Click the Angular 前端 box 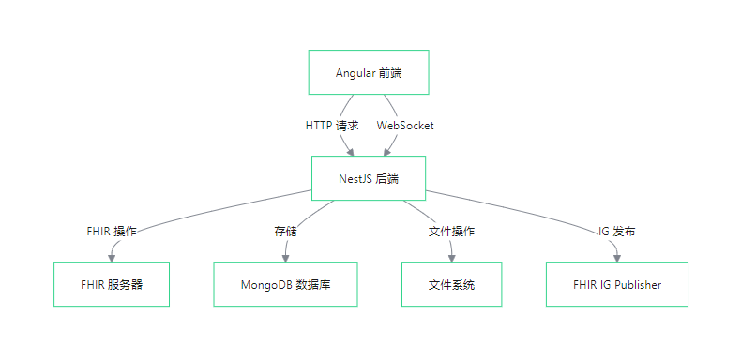pyautogui.click(x=369, y=72)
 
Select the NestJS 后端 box pyautogui.click(x=369, y=178)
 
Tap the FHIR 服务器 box pyautogui.click(x=112, y=284)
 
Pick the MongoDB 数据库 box pyautogui.click(x=285, y=284)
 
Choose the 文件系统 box pyautogui.click(x=451, y=284)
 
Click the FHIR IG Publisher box pyautogui.click(x=616, y=284)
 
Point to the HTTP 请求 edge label pyautogui.click(x=332, y=126)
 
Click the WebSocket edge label pyautogui.click(x=405, y=126)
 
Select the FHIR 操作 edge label pyautogui.click(x=112, y=232)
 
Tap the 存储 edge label pyautogui.click(x=285, y=232)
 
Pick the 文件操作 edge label pyautogui.click(x=451, y=232)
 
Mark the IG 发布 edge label pyautogui.click(x=616, y=232)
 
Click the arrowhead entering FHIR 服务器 pyautogui.click(x=112, y=258)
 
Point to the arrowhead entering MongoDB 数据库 pyautogui.click(x=285, y=258)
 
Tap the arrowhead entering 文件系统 pyautogui.click(x=451, y=258)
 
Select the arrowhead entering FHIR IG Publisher pyautogui.click(x=616, y=258)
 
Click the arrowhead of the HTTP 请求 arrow pyautogui.click(x=350, y=152)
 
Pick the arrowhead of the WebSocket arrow pyautogui.click(x=387, y=152)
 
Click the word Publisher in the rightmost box pyautogui.click(x=638, y=285)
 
